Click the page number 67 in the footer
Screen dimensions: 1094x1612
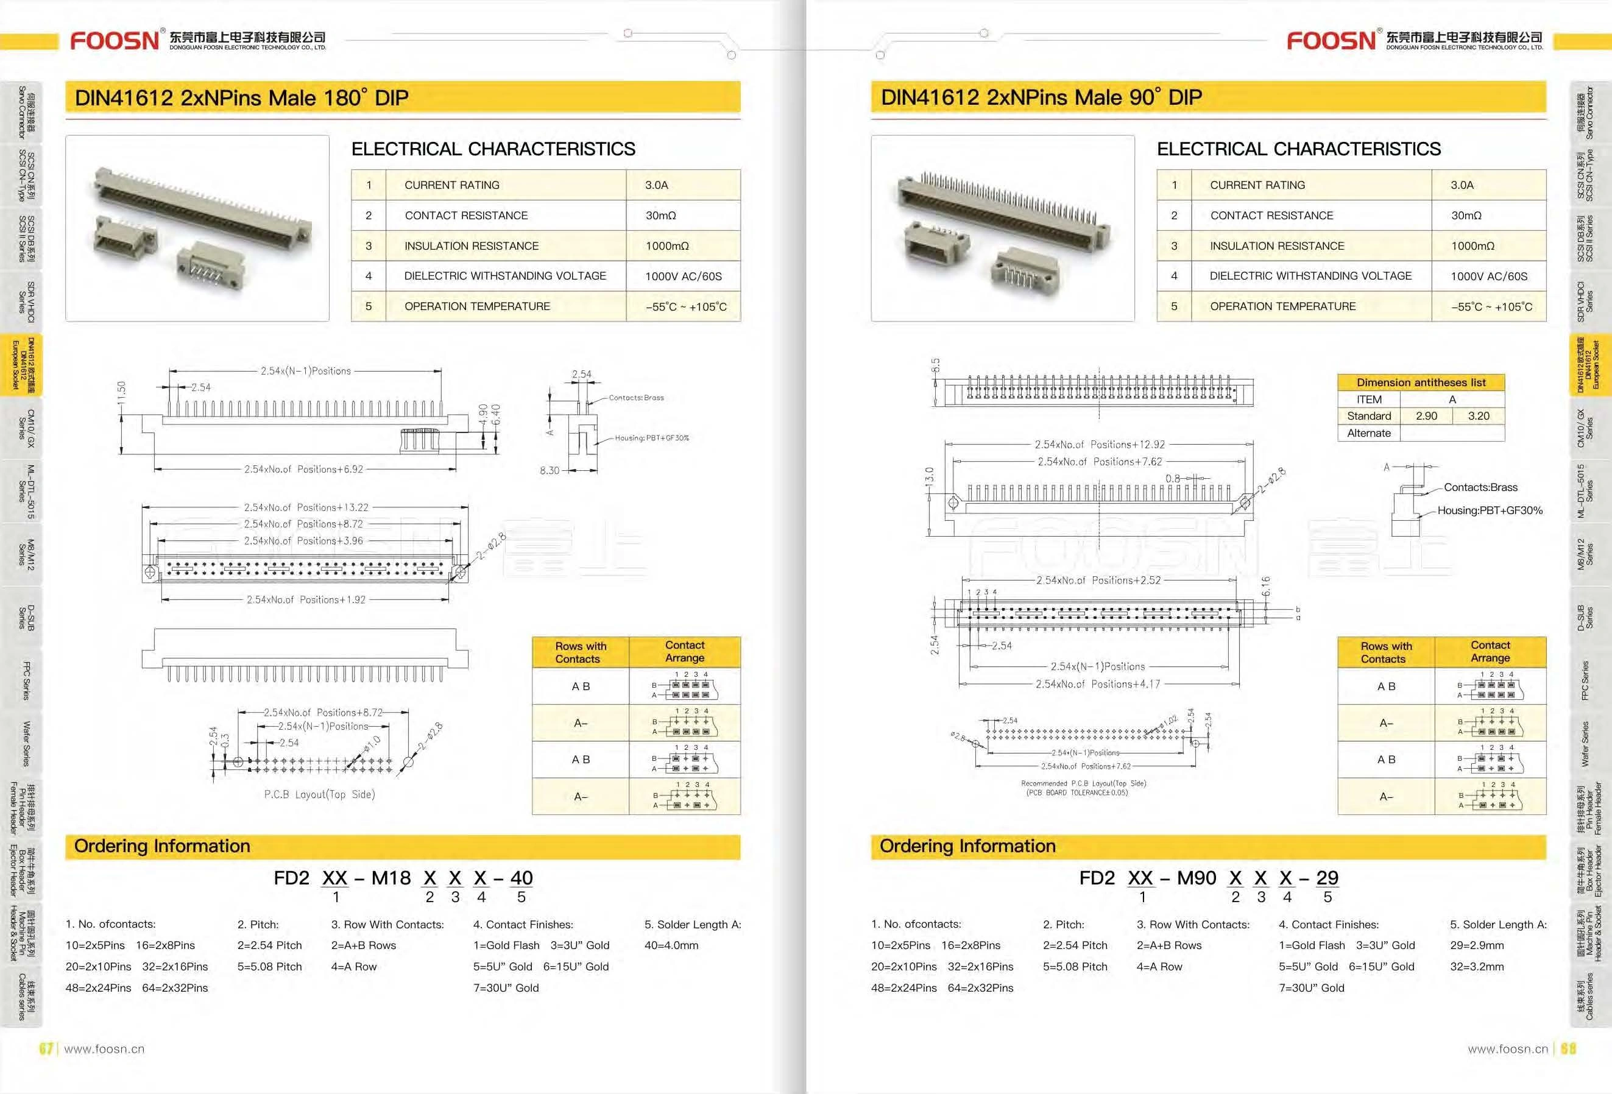(46, 1048)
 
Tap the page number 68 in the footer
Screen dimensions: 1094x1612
(1568, 1048)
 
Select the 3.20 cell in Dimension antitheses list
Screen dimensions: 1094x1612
(1478, 415)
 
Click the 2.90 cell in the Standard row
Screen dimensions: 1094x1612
(1426, 415)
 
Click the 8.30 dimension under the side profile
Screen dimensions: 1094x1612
(550, 470)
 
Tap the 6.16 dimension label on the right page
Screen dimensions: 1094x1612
(1265, 586)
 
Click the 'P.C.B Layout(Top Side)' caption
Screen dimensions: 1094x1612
(319, 794)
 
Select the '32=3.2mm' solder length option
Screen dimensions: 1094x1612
(1477, 966)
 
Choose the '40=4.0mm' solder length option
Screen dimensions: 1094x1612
(671, 945)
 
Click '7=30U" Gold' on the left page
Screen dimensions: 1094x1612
(506, 988)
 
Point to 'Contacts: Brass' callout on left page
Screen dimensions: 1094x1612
(636, 398)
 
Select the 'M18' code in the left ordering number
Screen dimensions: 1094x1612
(391, 878)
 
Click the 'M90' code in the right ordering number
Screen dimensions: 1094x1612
(1197, 878)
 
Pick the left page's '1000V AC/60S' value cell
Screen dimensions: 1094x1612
(682, 276)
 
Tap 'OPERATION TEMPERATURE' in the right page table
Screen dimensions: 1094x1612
(1282, 306)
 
